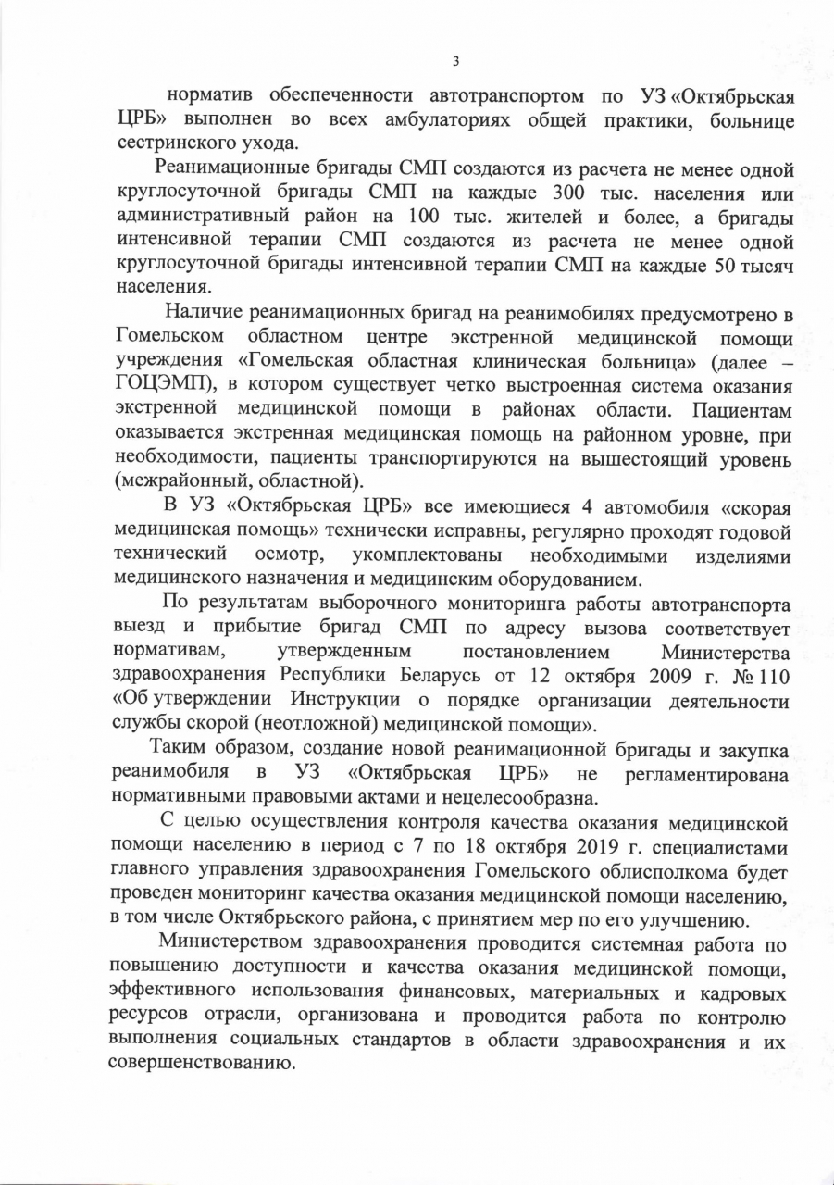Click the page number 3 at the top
click(x=454, y=61)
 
